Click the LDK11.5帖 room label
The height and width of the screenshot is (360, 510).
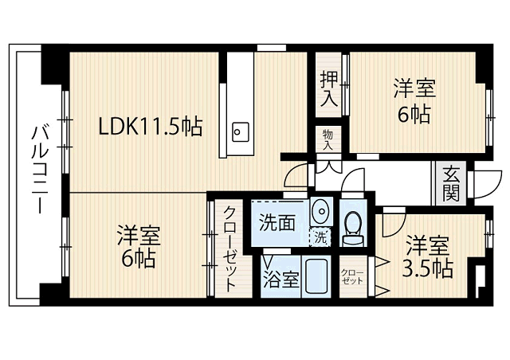pos(151,126)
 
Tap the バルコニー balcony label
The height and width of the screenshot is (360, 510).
pos(40,170)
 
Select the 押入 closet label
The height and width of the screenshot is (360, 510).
pos(329,88)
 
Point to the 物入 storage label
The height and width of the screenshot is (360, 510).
pos(328,140)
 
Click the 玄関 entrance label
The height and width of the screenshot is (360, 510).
pos(451,184)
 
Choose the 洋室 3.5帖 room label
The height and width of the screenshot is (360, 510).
pos(428,257)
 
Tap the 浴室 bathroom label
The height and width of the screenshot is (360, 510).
pos(280,279)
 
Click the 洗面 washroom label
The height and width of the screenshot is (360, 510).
pos(277,223)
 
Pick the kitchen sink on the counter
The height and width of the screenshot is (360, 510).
pos(241,131)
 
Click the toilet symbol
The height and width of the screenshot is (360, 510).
pos(353,229)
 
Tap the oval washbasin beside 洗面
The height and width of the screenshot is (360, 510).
pos(321,211)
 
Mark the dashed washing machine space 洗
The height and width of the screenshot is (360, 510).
pos(320,237)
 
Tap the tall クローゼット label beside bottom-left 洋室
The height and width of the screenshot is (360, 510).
pos(229,248)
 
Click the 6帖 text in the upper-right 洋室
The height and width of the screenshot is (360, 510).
pos(414,115)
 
